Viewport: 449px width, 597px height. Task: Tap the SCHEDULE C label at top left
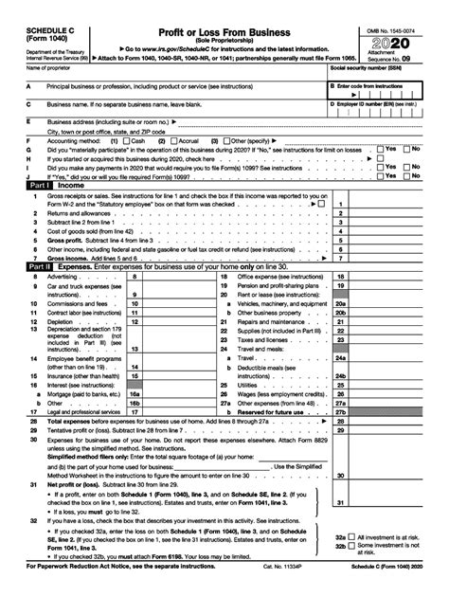point(27,9)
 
